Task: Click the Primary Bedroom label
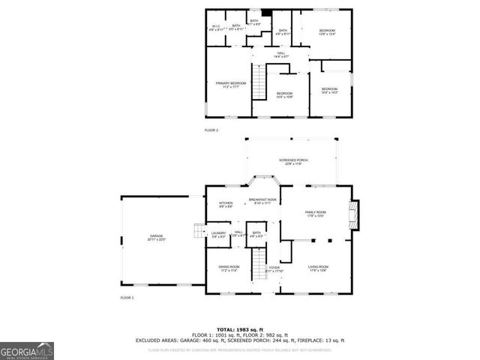230,85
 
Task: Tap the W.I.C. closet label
215,28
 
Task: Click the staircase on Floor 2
259,82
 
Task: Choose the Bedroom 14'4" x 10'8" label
284,95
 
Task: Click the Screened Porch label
293,161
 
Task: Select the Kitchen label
226,205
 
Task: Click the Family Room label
315,214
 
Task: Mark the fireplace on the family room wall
355,215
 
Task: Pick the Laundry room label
218,234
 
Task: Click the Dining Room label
229,269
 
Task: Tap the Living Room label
319,268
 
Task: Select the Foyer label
274,268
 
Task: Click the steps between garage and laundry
198,230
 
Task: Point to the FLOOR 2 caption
211,130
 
